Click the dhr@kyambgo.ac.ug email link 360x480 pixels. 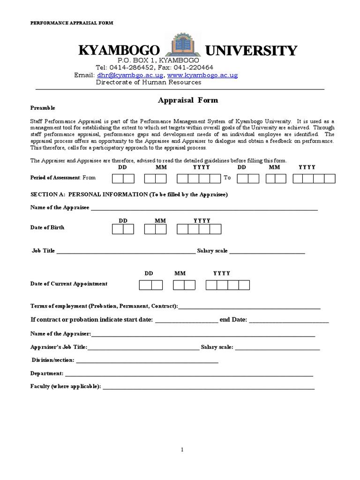[130, 75]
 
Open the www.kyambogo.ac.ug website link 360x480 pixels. [202, 75]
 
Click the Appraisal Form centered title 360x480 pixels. [181, 100]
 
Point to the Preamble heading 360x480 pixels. [43, 108]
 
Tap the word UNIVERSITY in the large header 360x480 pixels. [251, 51]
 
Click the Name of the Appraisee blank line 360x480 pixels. [204, 208]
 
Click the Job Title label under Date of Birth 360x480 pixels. [44, 251]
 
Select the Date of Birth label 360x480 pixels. [47, 227]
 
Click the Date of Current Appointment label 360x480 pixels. [69, 284]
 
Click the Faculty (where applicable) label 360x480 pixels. [66, 387]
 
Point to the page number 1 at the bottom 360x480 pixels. [182, 450]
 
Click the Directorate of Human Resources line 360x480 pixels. [149, 82]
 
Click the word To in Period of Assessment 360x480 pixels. [227, 178]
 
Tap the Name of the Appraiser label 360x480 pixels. [61, 334]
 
